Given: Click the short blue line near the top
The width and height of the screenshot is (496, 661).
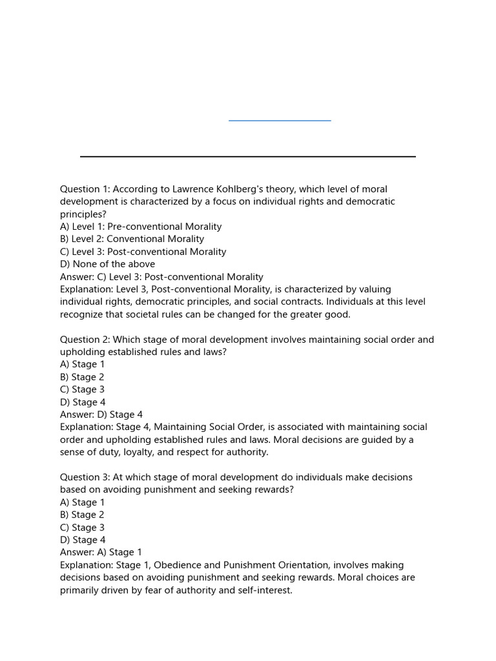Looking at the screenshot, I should coord(280,120).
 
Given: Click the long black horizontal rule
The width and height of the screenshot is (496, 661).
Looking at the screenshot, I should coord(247,156).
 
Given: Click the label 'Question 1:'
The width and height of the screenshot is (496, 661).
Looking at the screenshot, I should coord(85,189).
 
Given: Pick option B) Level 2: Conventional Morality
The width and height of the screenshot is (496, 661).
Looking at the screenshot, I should coord(132,239).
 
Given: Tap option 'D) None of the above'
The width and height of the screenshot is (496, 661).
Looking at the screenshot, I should coord(107,264).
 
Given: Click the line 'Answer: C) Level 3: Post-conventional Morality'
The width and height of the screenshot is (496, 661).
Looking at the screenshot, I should coord(161,277).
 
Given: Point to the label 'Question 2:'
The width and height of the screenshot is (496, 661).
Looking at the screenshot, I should coord(85,340).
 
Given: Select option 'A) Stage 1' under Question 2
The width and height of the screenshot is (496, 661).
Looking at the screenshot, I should coord(82,365).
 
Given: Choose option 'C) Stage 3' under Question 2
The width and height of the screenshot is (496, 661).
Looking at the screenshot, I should coord(82,390).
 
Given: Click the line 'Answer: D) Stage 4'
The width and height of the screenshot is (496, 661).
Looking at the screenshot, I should coord(101,415).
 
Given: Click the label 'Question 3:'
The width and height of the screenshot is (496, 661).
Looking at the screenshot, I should coord(85,478).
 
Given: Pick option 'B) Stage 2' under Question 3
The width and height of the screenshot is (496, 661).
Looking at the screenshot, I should coord(82,515).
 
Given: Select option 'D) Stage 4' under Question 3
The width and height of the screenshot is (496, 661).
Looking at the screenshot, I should coord(83,540).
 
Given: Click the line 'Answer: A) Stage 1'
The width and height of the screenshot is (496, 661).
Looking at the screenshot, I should coord(101,553).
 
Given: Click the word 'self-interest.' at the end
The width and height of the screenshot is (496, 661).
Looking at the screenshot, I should coord(265,590).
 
